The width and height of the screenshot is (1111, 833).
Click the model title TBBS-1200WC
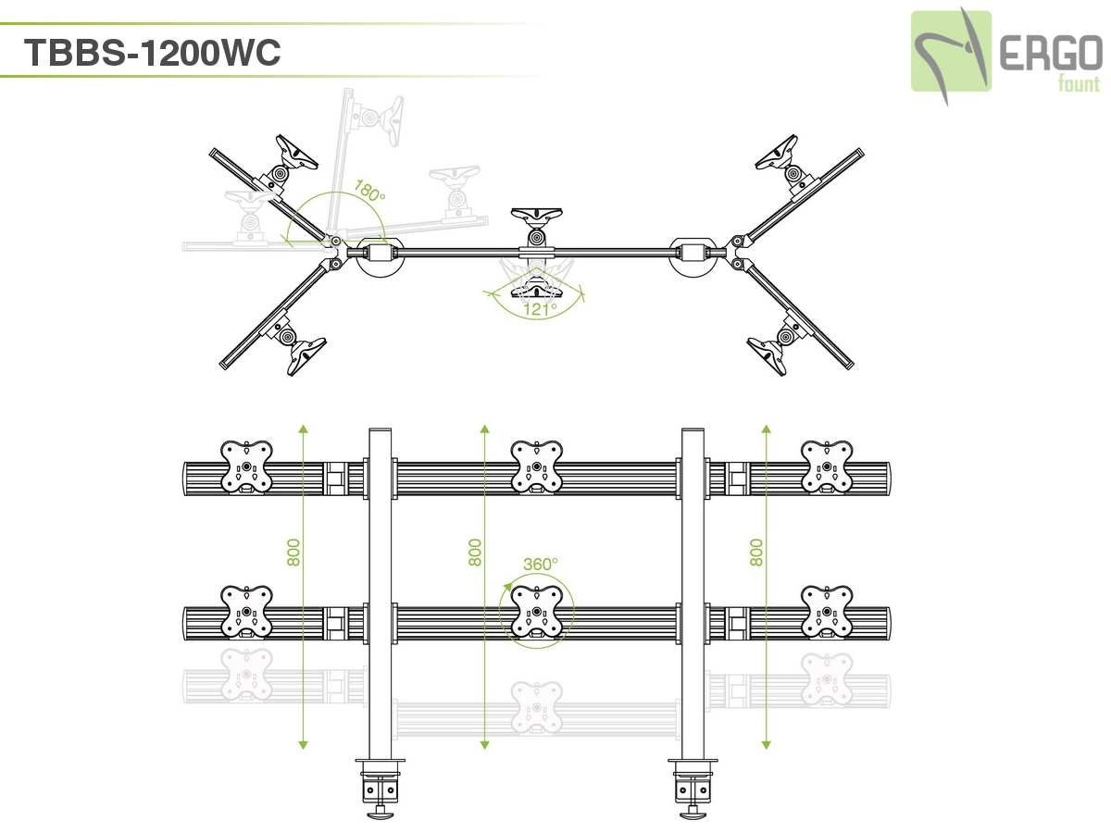coord(152,54)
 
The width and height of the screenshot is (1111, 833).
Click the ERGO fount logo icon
coord(951,52)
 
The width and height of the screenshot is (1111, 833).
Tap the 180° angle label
coord(369,193)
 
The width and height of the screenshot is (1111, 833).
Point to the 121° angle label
coord(537,309)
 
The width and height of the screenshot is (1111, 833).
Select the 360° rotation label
coord(541,564)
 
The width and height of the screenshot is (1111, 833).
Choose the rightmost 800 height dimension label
coord(756,553)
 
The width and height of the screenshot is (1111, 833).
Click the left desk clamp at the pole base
coord(381,785)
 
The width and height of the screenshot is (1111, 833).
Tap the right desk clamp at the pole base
coord(693,785)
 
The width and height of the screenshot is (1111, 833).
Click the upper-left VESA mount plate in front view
coord(247,466)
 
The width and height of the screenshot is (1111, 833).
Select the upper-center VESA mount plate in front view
coord(537,466)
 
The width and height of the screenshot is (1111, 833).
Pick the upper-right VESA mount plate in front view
coord(826,466)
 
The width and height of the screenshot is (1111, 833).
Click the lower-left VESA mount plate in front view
coord(247,611)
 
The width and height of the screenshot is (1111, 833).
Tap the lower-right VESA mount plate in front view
coord(826,611)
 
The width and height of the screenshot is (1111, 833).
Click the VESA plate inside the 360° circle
coord(537,611)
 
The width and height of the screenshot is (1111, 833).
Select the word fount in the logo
coord(1079,85)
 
